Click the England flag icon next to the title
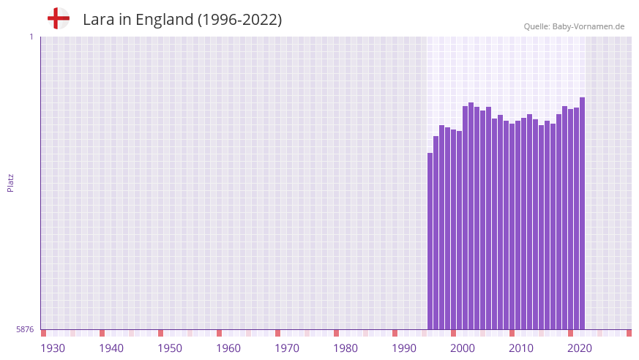click(x=59, y=18)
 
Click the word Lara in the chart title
click(x=98, y=20)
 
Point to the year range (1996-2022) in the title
click(x=239, y=20)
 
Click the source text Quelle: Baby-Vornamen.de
click(x=574, y=26)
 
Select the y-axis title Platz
click(x=10, y=182)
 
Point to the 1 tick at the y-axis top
click(x=31, y=37)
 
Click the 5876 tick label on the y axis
click(x=25, y=330)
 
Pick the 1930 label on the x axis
click(x=53, y=348)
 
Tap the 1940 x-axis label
click(x=111, y=348)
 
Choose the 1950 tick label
click(x=170, y=348)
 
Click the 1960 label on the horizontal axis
click(x=228, y=348)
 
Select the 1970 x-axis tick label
click(x=287, y=348)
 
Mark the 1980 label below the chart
click(x=345, y=348)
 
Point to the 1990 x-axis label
click(x=404, y=348)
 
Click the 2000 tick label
click(x=463, y=348)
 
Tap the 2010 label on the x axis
click(x=521, y=348)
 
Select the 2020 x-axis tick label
click(x=580, y=348)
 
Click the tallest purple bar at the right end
click(x=582, y=212)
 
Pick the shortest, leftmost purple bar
click(x=430, y=241)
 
